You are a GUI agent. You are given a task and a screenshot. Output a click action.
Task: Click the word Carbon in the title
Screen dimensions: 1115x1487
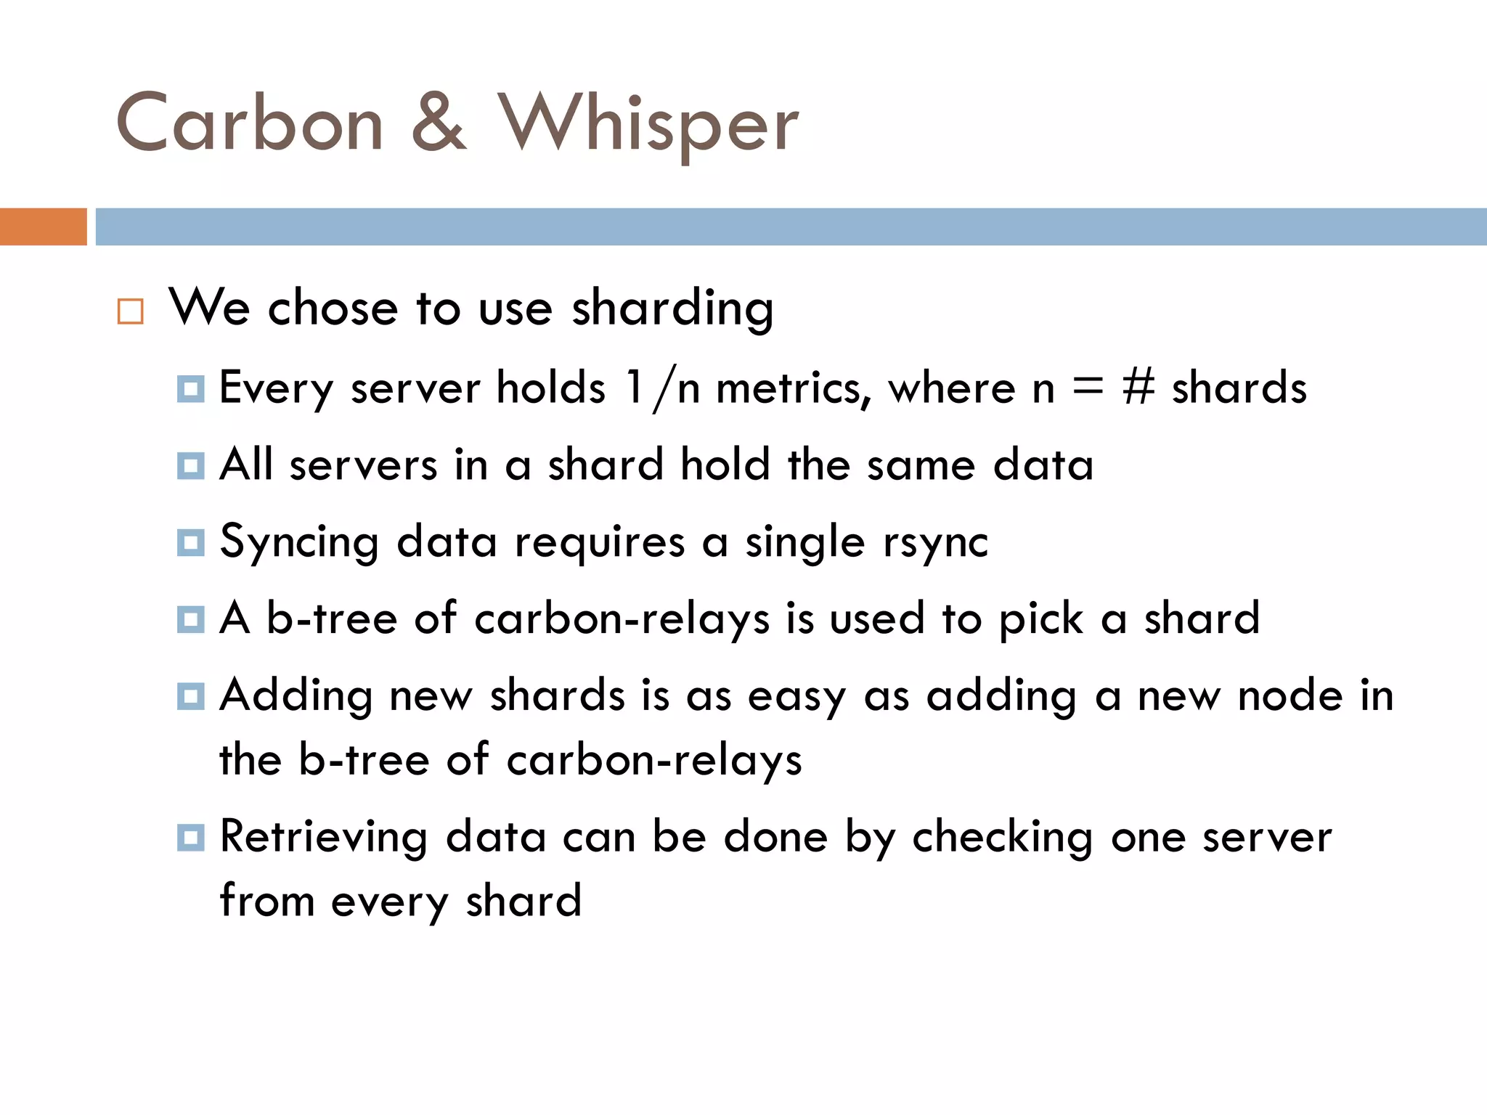click(x=249, y=123)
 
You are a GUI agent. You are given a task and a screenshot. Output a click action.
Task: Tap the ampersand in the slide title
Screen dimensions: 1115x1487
click(x=439, y=123)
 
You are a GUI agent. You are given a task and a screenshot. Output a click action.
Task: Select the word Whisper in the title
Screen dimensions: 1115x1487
click(x=648, y=125)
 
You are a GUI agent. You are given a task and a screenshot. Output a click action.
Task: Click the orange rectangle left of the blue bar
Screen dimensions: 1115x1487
click(x=43, y=226)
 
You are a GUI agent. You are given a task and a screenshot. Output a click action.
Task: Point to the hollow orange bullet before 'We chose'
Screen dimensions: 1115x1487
click(x=131, y=311)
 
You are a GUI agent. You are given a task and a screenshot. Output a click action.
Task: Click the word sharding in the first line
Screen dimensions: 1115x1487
click(x=672, y=309)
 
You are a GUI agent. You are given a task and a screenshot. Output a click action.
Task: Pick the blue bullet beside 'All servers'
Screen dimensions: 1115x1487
click(x=191, y=466)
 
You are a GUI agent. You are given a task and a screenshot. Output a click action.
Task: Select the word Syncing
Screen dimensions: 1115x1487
click(x=298, y=543)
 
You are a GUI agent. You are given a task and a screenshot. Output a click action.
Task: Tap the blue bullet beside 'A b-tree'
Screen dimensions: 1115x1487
click(x=191, y=620)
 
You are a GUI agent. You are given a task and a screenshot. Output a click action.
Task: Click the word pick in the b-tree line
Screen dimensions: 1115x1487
click(x=1040, y=620)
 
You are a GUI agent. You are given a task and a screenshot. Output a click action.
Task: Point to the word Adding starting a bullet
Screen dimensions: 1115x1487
click(x=296, y=697)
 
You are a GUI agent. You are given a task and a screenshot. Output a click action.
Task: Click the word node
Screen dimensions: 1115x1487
click(x=1290, y=695)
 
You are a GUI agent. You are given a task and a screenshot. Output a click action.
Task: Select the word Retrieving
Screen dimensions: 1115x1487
click(x=323, y=838)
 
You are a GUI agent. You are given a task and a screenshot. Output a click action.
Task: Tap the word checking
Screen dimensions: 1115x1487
click(x=1002, y=838)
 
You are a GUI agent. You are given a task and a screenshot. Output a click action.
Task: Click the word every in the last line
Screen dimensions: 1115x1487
click(x=390, y=902)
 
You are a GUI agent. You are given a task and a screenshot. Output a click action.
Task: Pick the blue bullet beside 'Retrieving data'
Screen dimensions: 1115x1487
click(x=191, y=838)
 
